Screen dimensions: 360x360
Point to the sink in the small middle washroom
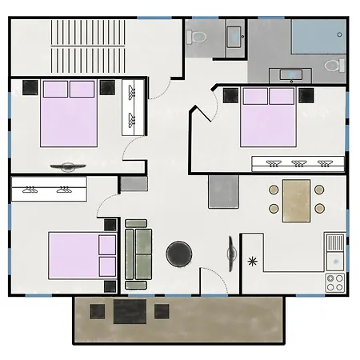point(235,35)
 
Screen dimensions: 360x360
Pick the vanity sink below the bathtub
point(294,76)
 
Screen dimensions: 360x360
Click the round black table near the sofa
point(178,255)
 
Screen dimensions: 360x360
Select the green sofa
point(138,254)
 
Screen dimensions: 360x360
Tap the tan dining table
point(296,201)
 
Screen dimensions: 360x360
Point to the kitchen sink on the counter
point(335,242)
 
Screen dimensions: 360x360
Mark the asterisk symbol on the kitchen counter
point(254,261)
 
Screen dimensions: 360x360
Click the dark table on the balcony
point(129,311)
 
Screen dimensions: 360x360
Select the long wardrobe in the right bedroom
point(298,164)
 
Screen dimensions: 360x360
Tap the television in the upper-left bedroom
point(66,166)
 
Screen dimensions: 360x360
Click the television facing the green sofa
point(231,254)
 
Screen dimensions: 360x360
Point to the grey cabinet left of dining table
point(224,192)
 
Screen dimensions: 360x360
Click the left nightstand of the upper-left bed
point(30,87)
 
